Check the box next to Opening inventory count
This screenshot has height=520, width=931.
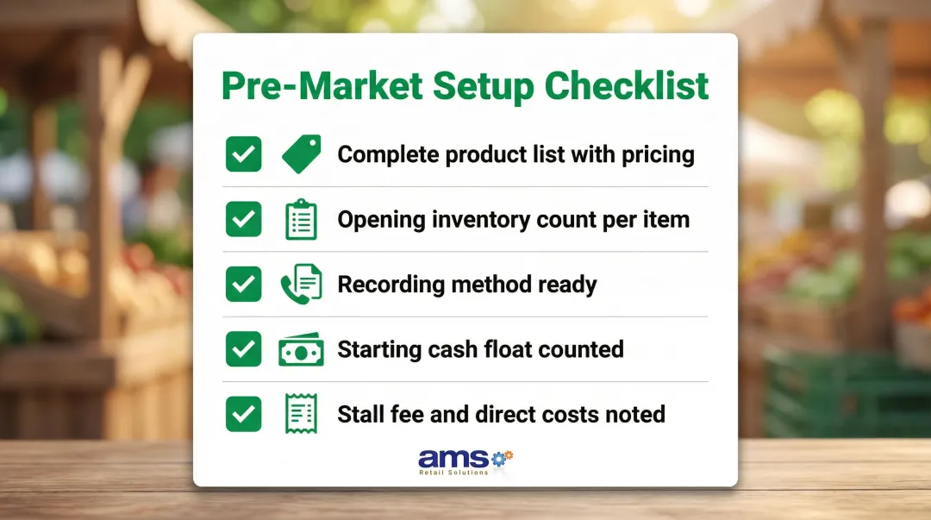click(x=244, y=220)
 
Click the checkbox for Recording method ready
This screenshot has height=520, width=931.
click(x=244, y=285)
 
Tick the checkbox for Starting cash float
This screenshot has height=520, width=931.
click(x=244, y=349)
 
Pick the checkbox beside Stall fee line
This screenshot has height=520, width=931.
click(x=244, y=414)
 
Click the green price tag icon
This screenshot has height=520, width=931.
click(x=301, y=154)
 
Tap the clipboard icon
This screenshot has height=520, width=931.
click(x=301, y=220)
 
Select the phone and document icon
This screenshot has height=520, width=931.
click(x=301, y=285)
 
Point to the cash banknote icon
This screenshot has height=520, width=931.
click(x=301, y=350)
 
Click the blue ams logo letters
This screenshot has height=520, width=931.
click(x=453, y=458)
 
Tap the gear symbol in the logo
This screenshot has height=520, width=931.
click(x=502, y=457)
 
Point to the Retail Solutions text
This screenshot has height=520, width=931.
click(x=453, y=473)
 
